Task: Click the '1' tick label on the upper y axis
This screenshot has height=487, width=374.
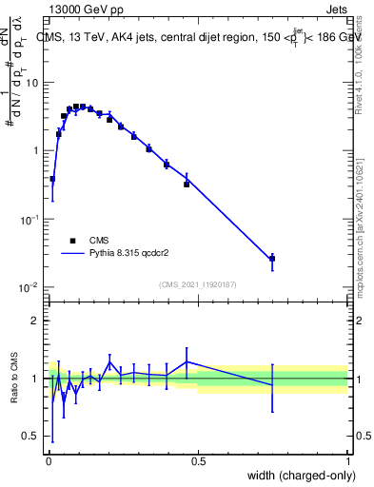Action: pos(35,150)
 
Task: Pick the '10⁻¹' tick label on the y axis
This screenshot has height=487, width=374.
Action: pos(29,219)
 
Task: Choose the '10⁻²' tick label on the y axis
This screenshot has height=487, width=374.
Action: pos(29,287)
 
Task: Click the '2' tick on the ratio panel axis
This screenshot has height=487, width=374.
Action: pos(34,321)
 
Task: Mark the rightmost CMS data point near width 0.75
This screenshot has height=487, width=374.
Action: pos(272,258)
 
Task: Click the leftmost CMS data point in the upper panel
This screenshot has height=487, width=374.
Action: pos(52,179)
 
